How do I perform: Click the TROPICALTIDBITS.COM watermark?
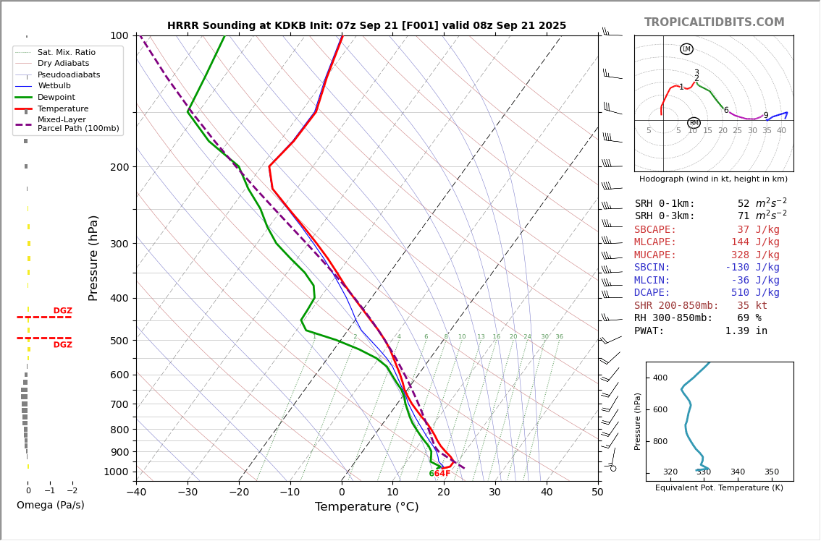point(714,22)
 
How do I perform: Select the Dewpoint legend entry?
point(56,98)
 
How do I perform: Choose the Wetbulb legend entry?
point(54,86)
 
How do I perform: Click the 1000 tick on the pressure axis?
point(115,472)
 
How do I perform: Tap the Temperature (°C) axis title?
point(366,507)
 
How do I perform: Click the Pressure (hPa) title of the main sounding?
point(93,257)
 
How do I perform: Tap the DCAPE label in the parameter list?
point(652,293)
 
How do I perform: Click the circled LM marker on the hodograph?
point(686,49)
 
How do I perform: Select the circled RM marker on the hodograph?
point(694,123)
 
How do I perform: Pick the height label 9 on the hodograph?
point(766,116)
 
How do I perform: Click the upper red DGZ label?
point(62,311)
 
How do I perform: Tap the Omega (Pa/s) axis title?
point(50,505)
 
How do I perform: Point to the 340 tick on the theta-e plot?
point(737,472)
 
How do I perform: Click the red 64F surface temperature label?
point(442,474)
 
